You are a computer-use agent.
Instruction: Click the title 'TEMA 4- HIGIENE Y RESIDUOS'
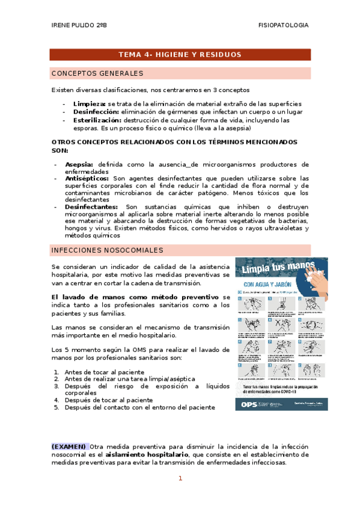(180, 55)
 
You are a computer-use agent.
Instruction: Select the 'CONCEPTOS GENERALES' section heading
(97, 73)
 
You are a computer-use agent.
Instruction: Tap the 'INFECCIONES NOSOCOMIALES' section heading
(107, 250)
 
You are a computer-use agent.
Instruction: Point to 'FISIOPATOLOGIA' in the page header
(283, 25)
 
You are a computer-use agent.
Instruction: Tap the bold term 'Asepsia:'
(79, 164)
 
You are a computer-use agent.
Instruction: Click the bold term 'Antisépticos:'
(87, 178)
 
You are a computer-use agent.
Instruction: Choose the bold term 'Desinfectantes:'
(91, 206)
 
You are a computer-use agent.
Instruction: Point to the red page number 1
(180, 479)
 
